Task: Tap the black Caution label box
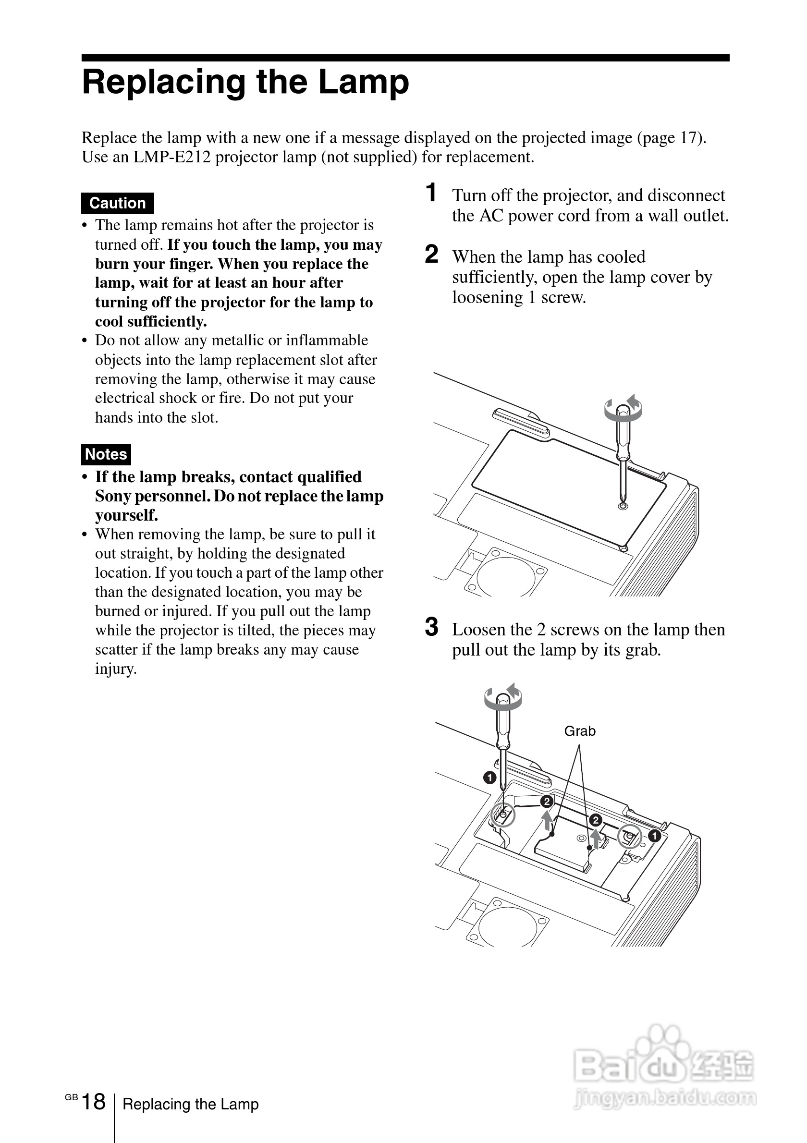pos(118,203)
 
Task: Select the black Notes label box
pos(106,454)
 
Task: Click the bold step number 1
pos(431,193)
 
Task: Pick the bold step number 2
pos(432,255)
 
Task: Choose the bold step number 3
pos(432,627)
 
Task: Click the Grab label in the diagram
pos(579,731)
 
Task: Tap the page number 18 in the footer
pos(93,1102)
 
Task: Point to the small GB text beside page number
pos(71,1097)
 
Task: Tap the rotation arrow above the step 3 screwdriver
pos(503,697)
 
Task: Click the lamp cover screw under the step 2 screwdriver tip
pos(622,506)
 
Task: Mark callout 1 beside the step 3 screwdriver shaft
pos(489,778)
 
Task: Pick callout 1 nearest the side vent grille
pos(654,836)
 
